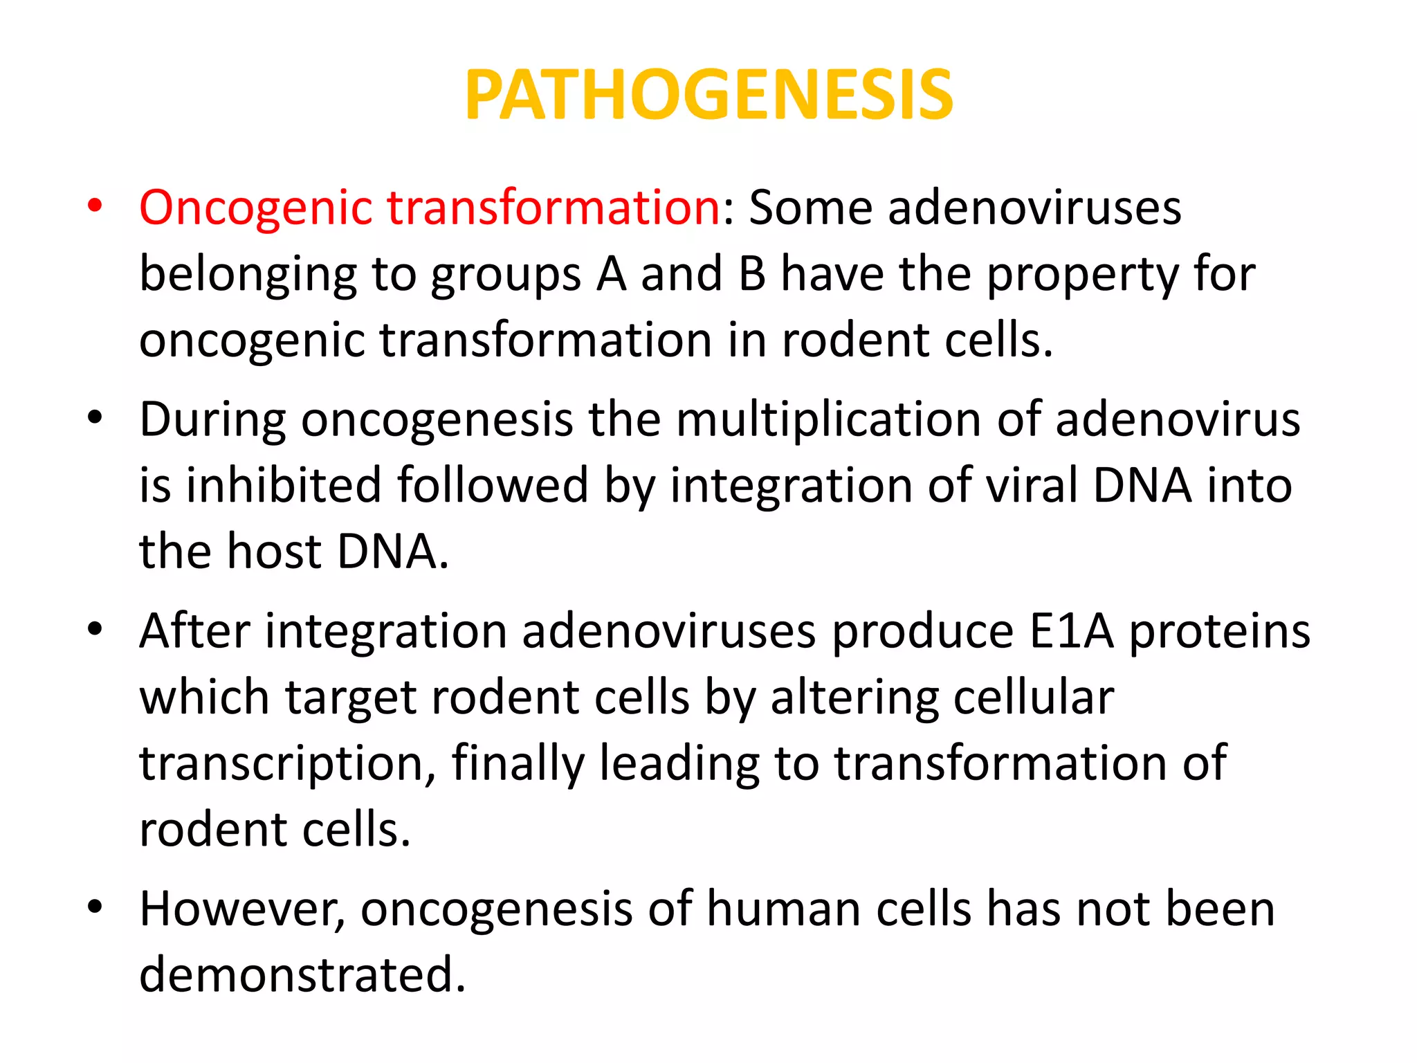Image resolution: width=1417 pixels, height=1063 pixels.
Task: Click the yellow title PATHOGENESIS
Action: [708, 95]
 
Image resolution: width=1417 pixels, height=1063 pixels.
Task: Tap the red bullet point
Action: [95, 206]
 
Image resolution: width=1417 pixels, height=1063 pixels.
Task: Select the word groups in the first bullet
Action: [505, 275]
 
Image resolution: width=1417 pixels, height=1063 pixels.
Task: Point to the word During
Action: [212, 420]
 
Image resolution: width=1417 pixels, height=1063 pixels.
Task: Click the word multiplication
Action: [828, 420]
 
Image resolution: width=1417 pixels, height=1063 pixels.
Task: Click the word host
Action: [274, 552]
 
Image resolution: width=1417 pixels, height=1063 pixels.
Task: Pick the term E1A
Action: [1072, 631]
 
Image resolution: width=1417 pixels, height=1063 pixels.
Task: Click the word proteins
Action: [1220, 631]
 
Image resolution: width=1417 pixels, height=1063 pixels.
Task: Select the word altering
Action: [854, 698]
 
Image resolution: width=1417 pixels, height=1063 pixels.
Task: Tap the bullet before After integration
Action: [95, 629]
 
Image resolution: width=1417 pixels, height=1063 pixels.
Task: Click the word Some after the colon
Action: [810, 208]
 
